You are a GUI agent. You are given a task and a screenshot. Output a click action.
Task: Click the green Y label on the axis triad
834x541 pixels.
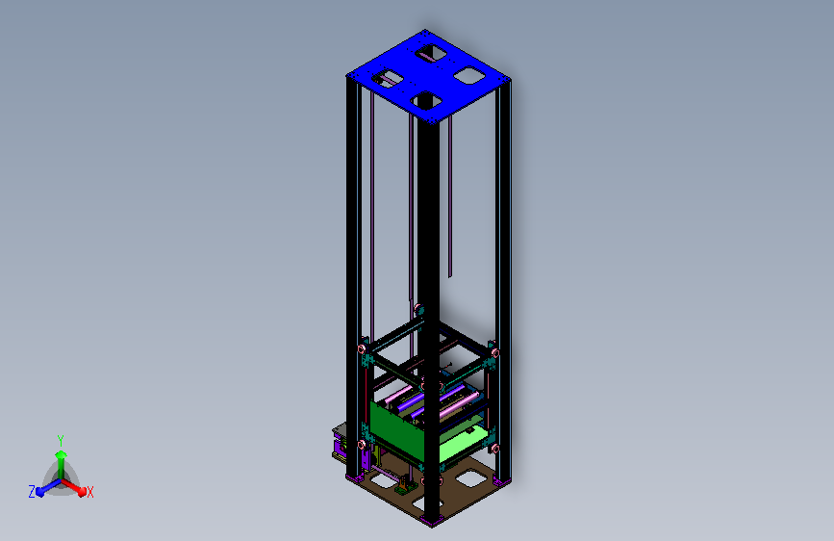click(x=61, y=441)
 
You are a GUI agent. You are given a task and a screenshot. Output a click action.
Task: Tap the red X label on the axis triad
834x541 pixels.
click(x=89, y=493)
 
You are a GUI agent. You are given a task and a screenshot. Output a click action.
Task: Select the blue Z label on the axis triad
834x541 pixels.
click(x=32, y=492)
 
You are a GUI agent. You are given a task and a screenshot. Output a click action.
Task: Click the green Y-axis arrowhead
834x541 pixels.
click(x=61, y=454)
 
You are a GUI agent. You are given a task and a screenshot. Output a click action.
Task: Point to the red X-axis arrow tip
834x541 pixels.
click(x=82, y=491)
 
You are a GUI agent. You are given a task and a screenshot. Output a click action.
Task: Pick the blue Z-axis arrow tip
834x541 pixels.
click(x=40, y=492)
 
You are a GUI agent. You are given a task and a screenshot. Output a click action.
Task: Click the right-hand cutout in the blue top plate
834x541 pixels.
click(x=469, y=75)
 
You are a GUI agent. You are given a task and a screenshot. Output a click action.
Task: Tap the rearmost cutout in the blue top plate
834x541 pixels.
click(x=431, y=53)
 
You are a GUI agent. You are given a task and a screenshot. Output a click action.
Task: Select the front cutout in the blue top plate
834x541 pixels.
click(x=426, y=101)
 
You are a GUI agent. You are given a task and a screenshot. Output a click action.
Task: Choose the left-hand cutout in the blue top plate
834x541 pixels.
click(x=388, y=79)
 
